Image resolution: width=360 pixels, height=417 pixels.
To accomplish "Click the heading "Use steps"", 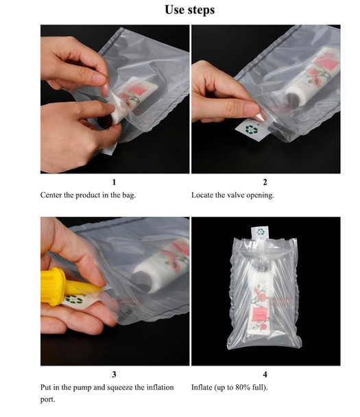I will coord(190,10).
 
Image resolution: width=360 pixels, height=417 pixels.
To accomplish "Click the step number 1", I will coord(115,182).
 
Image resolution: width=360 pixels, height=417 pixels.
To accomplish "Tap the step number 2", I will coord(265,182).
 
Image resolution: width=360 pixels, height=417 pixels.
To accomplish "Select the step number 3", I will coord(115,374).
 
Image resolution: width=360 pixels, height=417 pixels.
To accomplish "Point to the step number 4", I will coord(265,374).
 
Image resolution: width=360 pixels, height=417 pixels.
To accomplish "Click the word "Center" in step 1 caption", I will coord(53,195).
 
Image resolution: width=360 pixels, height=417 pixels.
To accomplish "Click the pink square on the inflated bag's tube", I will coord(261,313).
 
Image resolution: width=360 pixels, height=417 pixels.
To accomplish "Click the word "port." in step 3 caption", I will coord(48,400).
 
